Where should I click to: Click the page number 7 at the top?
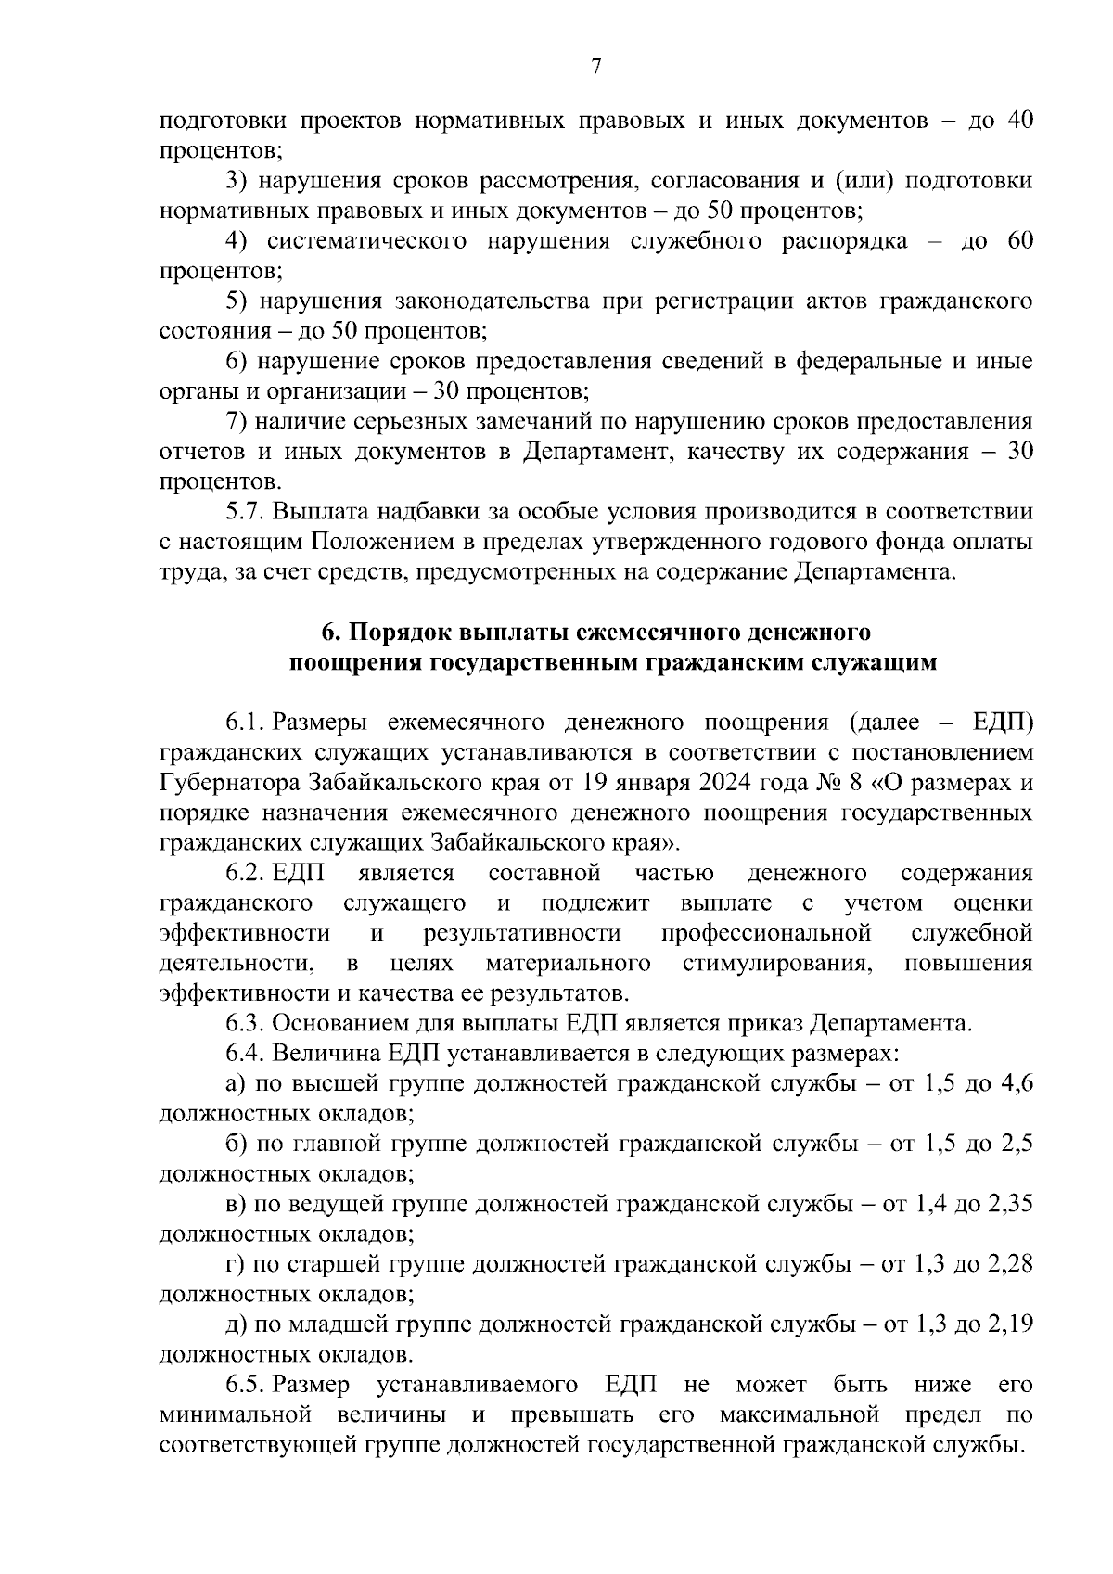pos(596,66)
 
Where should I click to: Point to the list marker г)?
pos(235,1264)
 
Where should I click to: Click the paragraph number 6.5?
pos(245,1385)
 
